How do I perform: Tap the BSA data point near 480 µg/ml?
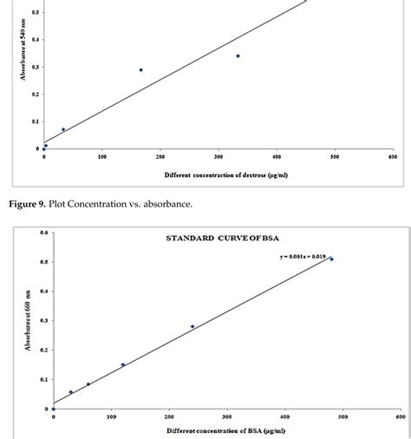point(331,259)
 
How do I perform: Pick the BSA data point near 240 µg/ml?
point(192,326)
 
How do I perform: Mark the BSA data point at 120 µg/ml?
point(123,364)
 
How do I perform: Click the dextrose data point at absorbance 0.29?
point(141,69)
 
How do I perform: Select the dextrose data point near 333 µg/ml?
point(238,56)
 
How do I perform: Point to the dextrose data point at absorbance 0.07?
point(63,129)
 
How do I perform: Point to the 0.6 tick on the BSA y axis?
point(42,232)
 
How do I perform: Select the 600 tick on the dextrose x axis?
point(393,157)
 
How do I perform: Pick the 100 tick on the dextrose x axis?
point(101,157)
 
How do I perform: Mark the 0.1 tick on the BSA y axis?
point(42,379)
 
